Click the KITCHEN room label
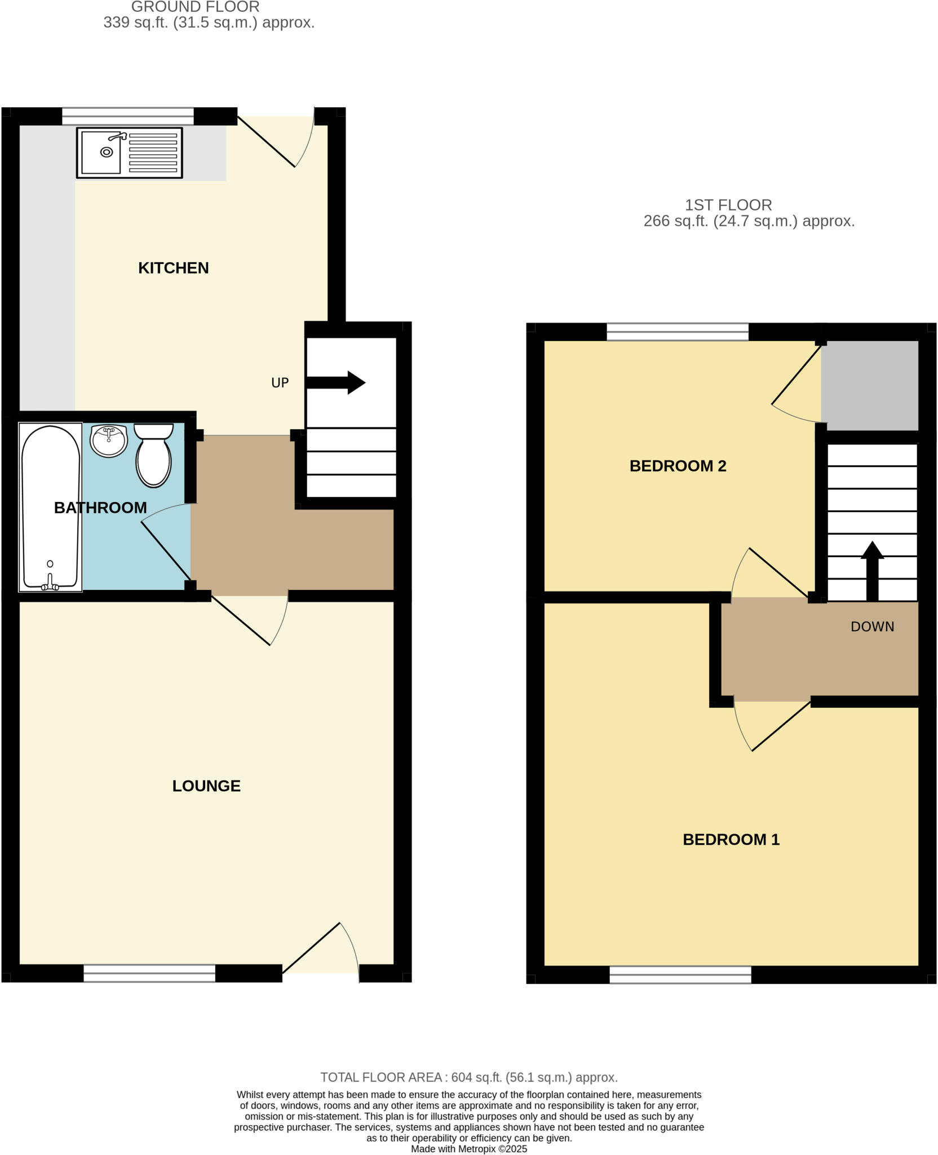coord(173,268)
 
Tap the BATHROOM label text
coord(100,508)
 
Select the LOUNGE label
coord(206,786)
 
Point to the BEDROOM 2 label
coord(678,466)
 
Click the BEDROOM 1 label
coord(731,839)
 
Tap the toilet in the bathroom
coord(153,456)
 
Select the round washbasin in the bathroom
coord(109,440)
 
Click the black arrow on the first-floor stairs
coord(871,570)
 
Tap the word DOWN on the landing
coord(872,627)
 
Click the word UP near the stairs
coord(280,383)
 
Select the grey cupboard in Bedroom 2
coord(869,385)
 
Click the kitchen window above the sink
coord(127,116)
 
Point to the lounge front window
coord(149,973)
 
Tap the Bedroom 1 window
coord(680,975)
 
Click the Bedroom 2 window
coord(677,332)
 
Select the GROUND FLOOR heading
coord(195,7)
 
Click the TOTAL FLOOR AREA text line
coord(469,1077)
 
